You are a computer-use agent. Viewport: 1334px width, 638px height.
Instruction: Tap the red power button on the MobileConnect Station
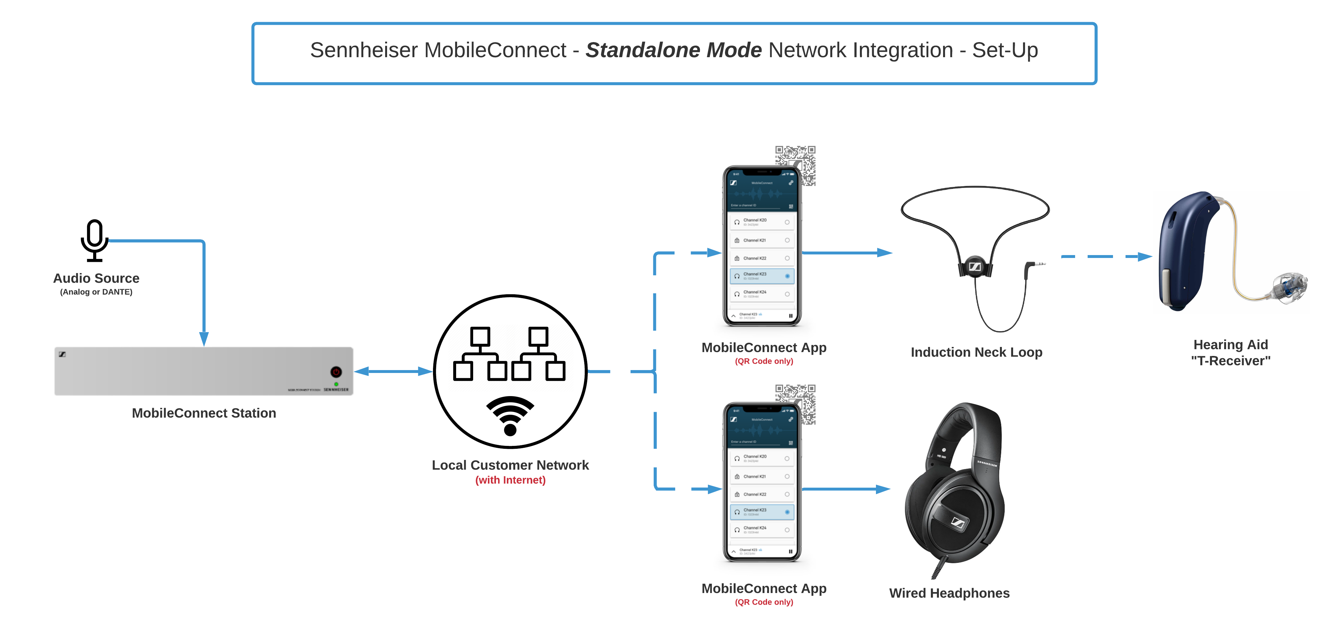pyautogui.click(x=336, y=372)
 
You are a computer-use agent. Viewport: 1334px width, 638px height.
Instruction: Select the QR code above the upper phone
pyautogui.click(x=795, y=165)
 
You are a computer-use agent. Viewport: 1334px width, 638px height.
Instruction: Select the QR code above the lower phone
pyautogui.click(x=795, y=403)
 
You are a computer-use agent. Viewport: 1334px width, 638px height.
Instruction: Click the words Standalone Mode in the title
pyautogui.click(x=673, y=50)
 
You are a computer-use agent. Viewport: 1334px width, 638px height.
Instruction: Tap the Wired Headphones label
pyautogui.click(x=949, y=593)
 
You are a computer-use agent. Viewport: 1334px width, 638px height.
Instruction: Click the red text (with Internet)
pyautogui.click(x=510, y=480)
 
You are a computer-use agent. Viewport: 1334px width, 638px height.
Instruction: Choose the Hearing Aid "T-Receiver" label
pyautogui.click(x=1231, y=353)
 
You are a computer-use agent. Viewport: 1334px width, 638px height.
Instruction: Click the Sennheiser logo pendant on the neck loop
pyautogui.click(x=975, y=267)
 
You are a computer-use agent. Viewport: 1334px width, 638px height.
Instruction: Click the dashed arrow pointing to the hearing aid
pyautogui.click(x=1106, y=256)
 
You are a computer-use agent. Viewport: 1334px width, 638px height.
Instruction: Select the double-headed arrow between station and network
pyautogui.click(x=393, y=371)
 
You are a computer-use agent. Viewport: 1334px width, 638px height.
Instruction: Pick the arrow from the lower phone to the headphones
pyautogui.click(x=846, y=489)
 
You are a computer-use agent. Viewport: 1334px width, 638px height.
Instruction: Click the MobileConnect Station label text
pyautogui.click(x=204, y=413)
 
